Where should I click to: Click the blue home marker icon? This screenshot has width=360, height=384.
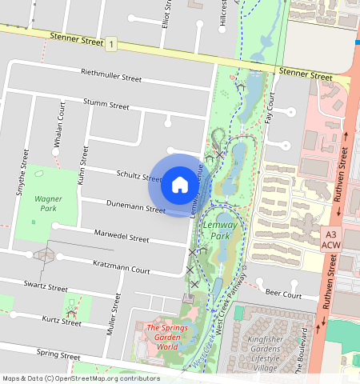(180, 186)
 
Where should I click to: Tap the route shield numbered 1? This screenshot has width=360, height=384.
(111, 43)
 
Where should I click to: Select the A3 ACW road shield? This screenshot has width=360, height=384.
(330, 238)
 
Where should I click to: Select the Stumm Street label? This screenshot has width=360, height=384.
(108, 105)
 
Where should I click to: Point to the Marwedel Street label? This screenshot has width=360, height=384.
(122, 238)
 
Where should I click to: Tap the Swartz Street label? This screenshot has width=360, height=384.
(45, 286)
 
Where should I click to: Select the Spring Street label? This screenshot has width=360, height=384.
(58, 354)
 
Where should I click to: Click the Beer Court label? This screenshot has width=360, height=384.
(283, 294)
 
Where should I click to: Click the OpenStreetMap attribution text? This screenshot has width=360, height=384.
(80, 378)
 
